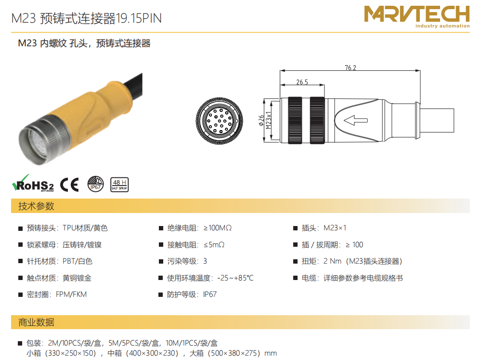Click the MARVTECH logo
[416, 16]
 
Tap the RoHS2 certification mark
[33, 184]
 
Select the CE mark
[69, 185]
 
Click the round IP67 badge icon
[95, 184]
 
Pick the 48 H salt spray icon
[119, 185]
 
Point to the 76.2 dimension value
[351, 67]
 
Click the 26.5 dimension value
[302, 82]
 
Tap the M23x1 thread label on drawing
[269, 120]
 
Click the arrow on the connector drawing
[355, 120]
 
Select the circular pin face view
[220, 120]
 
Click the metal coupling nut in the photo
[43, 140]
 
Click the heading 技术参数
[36, 206]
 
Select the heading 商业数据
[36, 322]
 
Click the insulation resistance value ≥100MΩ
[218, 228]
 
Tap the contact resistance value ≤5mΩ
[214, 245]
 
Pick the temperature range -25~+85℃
[235, 278]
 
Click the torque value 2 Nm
[332, 261]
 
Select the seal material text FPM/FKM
[71, 294]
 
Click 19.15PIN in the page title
[139, 18]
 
